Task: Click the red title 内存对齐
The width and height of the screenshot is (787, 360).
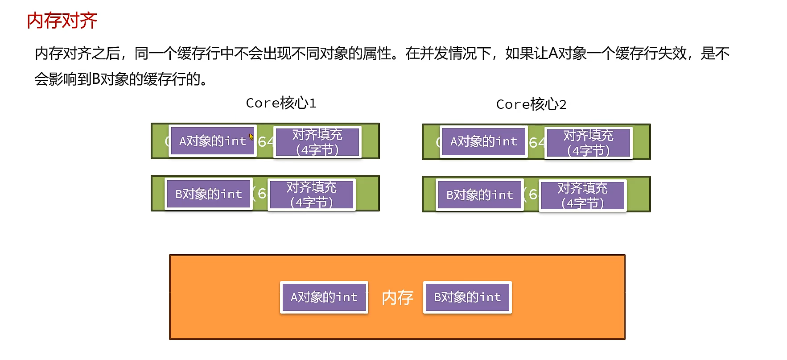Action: pyautogui.click(x=62, y=21)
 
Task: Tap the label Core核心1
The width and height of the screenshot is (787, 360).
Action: pyautogui.click(x=281, y=103)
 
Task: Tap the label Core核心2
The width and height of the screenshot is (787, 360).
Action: pyautogui.click(x=531, y=104)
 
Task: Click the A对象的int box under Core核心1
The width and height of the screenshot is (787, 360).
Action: pyautogui.click(x=213, y=141)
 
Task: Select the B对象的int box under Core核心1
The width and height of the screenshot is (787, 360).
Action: pyautogui.click(x=209, y=194)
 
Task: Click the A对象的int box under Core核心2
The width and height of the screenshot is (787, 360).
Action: pyautogui.click(x=484, y=141)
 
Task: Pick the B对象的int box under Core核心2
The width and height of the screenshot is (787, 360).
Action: pyautogui.click(x=480, y=194)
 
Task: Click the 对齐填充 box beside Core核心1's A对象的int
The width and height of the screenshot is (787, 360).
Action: pyautogui.click(x=317, y=142)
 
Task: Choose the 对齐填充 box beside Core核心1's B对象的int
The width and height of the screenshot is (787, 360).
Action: pyautogui.click(x=311, y=194)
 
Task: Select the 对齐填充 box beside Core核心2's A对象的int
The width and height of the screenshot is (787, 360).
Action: pyautogui.click(x=588, y=143)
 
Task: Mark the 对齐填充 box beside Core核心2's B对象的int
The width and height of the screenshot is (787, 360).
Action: pyautogui.click(x=582, y=195)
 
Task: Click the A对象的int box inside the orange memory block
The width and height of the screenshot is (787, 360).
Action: pyautogui.click(x=324, y=297)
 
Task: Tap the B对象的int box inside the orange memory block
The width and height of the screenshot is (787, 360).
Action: pyautogui.click(x=467, y=297)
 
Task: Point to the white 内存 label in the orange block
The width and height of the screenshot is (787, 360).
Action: pyautogui.click(x=397, y=298)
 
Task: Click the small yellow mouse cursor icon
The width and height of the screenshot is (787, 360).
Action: pyautogui.click(x=251, y=137)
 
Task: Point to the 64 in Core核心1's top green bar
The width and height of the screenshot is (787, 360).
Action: pyautogui.click(x=266, y=142)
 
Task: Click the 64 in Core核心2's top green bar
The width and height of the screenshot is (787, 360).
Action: pyautogui.click(x=536, y=143)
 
